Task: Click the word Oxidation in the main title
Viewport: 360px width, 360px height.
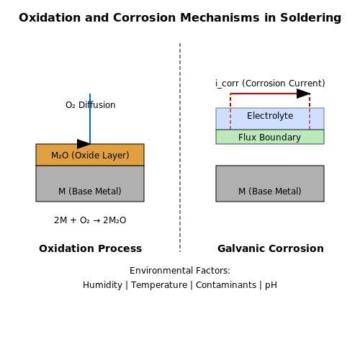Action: coord(50,18)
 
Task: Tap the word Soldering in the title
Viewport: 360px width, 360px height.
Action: coord(310,18)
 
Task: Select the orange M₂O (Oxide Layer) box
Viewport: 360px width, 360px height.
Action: coord(90,155)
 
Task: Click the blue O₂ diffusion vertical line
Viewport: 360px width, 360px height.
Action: coord(90,119)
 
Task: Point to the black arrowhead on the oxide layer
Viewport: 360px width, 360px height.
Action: coord(84,144)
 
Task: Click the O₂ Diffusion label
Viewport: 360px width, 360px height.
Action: coord(91,105)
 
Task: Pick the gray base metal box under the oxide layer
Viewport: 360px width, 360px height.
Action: coord(90,184)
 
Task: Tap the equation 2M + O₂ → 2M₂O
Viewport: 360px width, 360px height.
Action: coord(90,220)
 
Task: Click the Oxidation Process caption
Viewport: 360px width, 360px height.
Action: coord(90,248)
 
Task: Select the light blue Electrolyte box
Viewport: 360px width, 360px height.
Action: coord(270,119)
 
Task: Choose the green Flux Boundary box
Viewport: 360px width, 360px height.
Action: coord(270,137)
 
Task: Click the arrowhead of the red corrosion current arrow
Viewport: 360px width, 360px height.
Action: coord(303,94)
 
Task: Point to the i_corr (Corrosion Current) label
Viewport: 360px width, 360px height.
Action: coord(270,84)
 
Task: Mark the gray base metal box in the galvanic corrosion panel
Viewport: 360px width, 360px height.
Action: coord(270,184)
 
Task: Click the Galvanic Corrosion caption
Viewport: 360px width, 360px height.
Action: coord(271,248)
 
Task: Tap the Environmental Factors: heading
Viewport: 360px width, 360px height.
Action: coord(180,271)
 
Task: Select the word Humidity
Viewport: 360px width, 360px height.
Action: coord(102,285)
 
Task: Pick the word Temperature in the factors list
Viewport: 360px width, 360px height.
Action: coord(159,285)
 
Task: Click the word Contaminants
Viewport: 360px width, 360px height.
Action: coord(226,285)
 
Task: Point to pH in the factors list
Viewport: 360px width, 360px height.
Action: coord(271,286)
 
